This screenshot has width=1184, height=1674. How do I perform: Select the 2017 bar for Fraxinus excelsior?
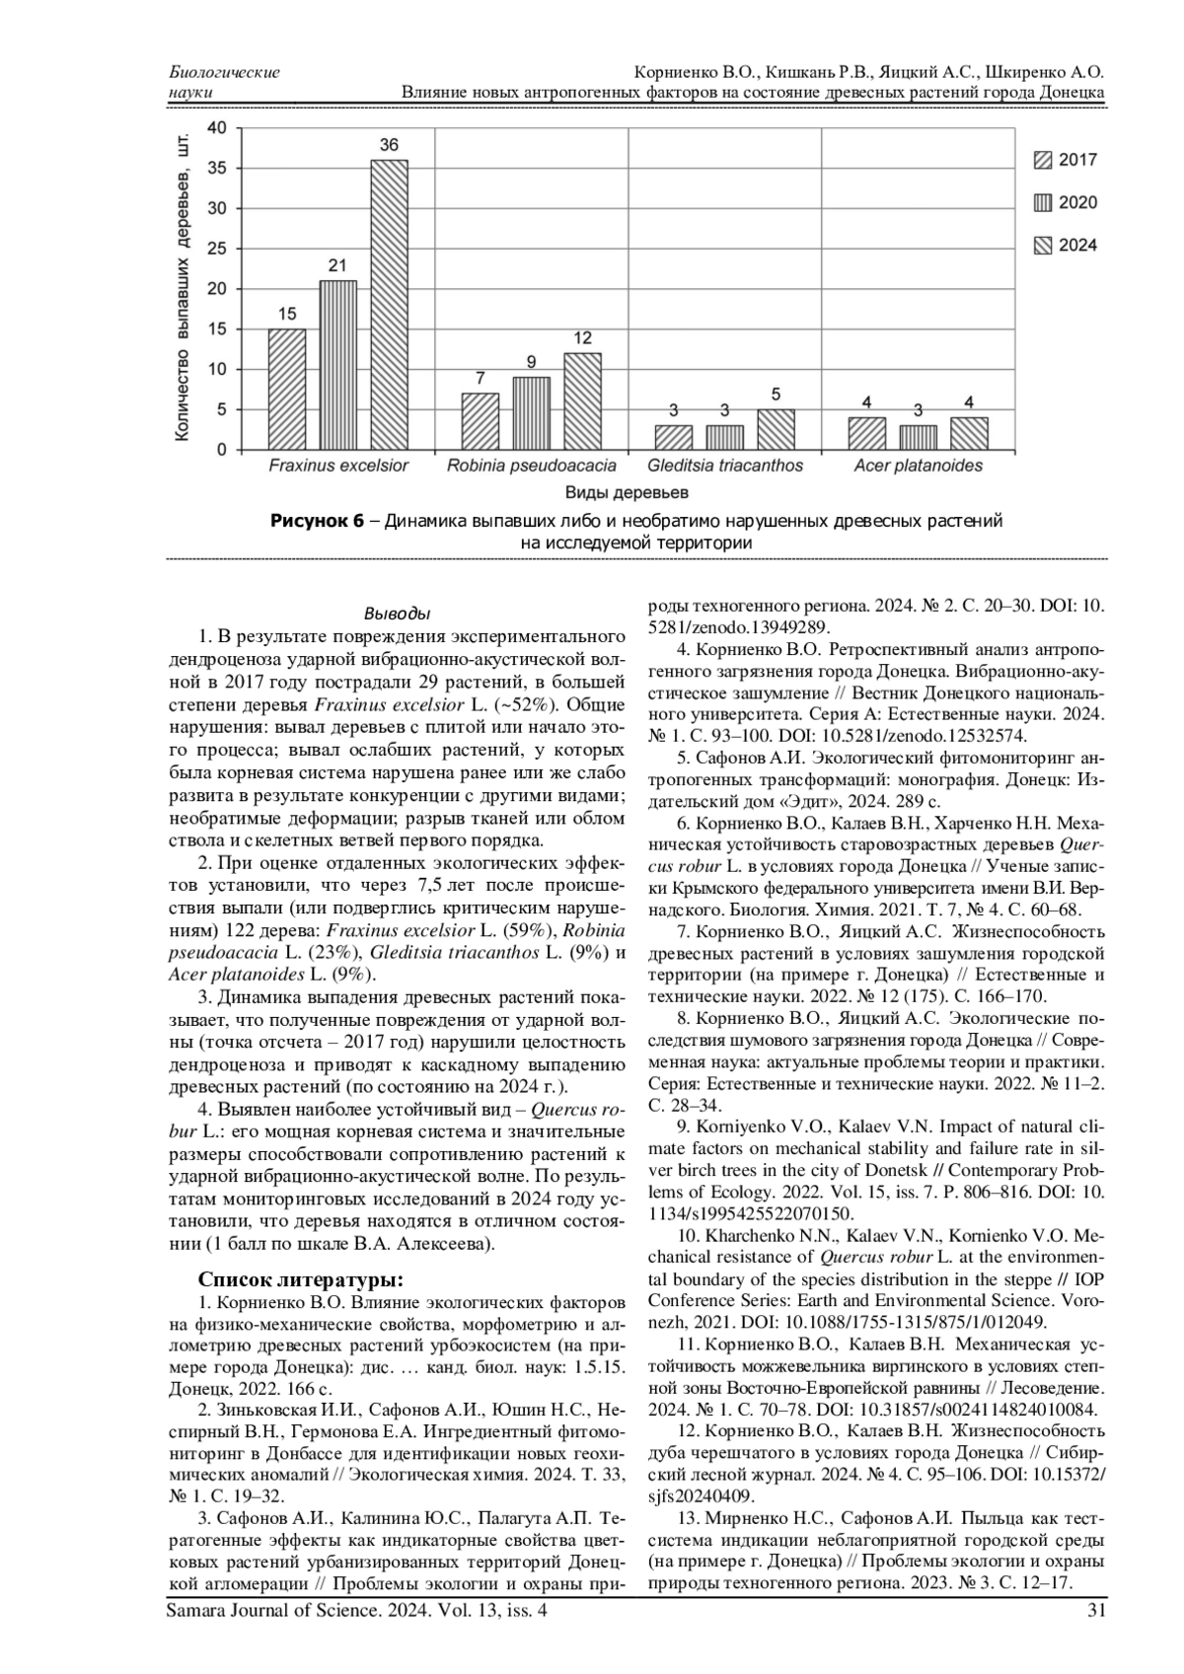286,389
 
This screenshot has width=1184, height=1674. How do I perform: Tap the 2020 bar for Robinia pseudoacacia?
531,412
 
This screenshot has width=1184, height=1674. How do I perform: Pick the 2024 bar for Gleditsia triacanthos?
776,429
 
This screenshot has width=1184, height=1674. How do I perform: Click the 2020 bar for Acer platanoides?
918,437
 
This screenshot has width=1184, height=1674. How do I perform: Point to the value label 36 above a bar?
389,145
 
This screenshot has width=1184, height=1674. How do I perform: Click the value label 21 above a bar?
337,265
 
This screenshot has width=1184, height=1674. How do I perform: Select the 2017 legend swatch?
1042,160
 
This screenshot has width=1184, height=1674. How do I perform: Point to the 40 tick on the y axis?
216,127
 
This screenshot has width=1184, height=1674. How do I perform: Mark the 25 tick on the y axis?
216,249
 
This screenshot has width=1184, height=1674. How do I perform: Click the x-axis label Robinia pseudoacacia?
531,466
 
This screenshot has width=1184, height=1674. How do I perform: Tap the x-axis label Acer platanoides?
918,466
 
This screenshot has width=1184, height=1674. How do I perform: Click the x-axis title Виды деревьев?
627,492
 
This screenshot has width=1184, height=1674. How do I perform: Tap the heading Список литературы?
301,1280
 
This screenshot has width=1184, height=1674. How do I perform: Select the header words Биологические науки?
224,82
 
